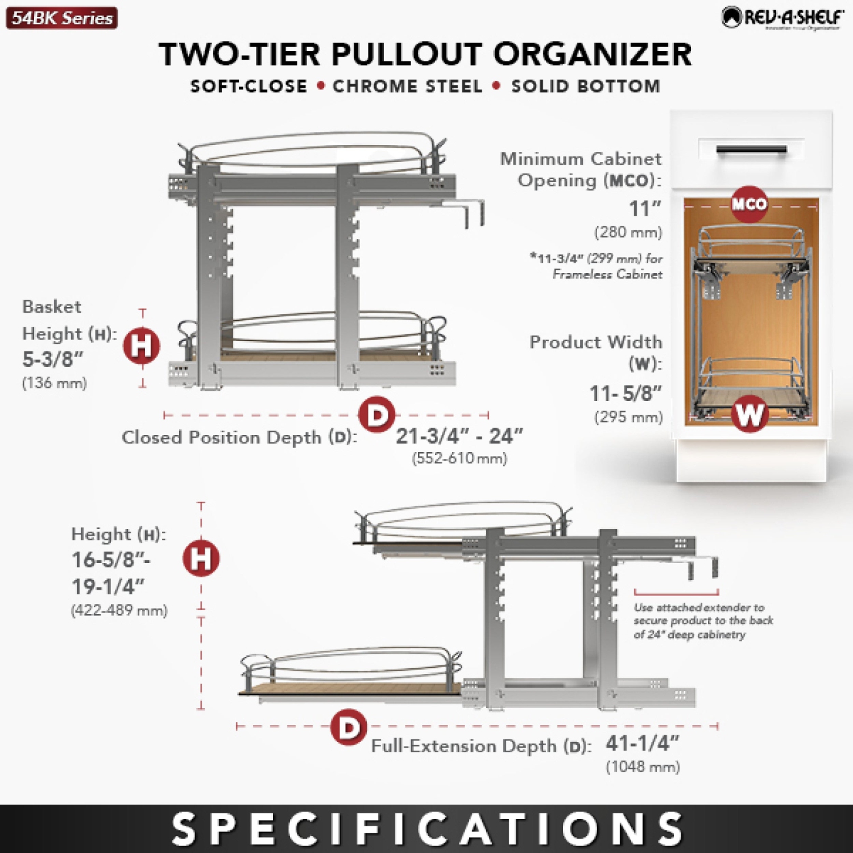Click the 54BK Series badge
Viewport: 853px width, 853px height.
(x=61, y=18)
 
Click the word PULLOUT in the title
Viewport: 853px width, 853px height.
(x=407, y=55)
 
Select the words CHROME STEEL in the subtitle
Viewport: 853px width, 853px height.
(x=407, y=86)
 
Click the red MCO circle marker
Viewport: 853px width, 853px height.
(x=749, y=204)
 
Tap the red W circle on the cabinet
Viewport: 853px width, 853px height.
(x=750, y=413)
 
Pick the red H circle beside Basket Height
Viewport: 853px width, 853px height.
(x=142, y=345)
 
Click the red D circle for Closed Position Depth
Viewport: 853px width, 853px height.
(x=377, y=415)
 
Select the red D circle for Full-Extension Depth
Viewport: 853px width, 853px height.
(x=348, y=727)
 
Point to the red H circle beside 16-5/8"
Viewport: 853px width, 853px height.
(x=201, y=558)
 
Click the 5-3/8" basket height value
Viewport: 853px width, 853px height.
(x=52, y=359)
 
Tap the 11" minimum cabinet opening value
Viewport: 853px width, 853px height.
(x=644, y=209)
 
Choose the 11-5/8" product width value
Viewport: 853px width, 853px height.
(x=626, y=393)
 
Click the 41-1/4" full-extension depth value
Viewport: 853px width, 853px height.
(x=642, y=743)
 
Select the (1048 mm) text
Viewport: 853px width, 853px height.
(x=643, y=767)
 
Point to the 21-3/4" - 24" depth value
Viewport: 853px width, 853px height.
(x=459, y=436)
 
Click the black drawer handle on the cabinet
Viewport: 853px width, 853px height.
(x=751, y=150)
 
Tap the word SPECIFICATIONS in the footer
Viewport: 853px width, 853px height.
(x=426, y=829)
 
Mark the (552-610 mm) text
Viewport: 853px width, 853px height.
(x=459, y=458)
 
